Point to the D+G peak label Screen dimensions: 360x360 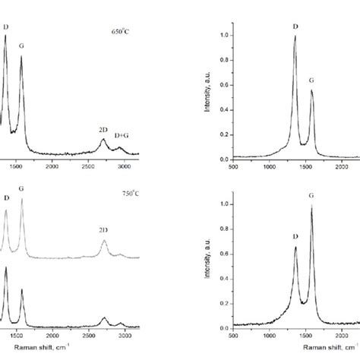coord(122,135)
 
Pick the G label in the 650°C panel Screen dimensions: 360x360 coord(21,46)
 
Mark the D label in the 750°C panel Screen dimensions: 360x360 coord(6,199)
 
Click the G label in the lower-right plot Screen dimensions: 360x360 coord(311,196)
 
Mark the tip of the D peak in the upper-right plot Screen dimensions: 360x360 coord(295,36)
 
